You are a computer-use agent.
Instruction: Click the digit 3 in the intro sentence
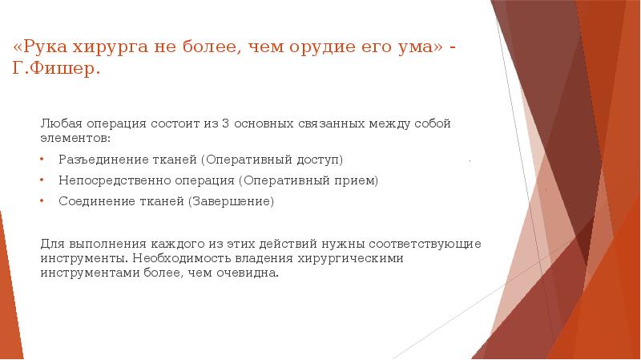point(226,123)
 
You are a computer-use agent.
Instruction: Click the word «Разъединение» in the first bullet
point(98,160)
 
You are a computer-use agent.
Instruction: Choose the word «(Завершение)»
point(232,201)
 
